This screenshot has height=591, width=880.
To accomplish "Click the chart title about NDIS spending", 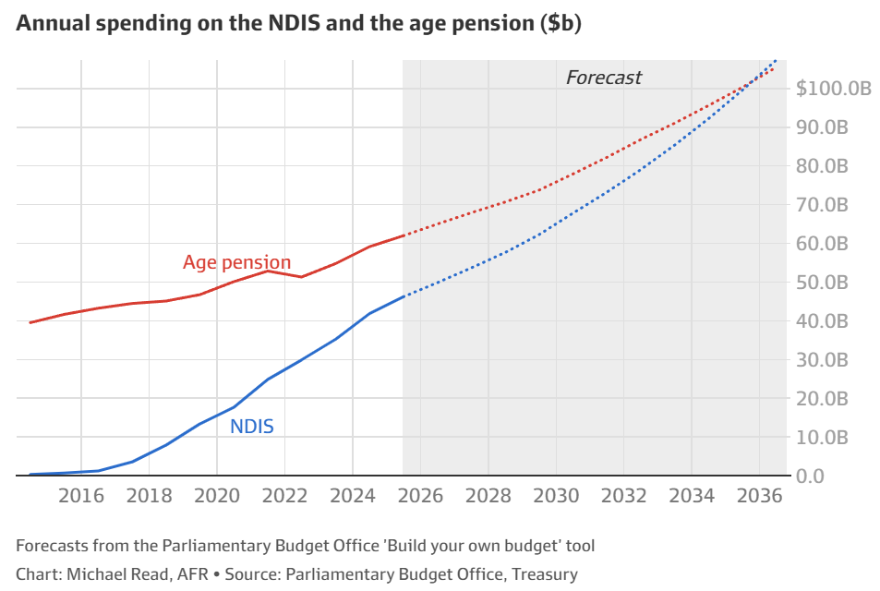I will pos(298,25).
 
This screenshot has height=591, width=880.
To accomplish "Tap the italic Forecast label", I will pos(603,78).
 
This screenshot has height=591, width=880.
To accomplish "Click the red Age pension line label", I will pos(236,262).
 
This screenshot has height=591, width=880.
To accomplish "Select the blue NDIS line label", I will pos(251,427).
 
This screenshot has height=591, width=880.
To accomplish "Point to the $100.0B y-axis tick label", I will pos(834,90).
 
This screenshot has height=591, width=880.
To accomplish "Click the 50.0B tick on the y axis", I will pos(822,283).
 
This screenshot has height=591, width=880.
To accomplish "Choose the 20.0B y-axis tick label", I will pos(822,399).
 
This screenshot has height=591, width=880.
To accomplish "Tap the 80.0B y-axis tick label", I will pos(822,166).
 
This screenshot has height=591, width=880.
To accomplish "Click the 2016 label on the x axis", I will pos(81,496).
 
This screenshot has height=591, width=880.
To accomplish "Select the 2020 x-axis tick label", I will pos(217,496).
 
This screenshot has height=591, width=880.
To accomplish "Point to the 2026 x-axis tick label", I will pos(420,496).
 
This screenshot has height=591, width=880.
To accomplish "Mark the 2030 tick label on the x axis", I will pos(556,496).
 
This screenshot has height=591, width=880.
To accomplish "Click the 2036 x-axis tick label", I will pos(759,496).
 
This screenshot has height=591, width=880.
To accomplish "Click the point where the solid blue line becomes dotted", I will pos(404,295).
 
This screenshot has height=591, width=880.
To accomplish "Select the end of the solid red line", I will pos(404,235).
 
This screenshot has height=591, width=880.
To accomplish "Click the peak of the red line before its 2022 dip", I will pos(268,270).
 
